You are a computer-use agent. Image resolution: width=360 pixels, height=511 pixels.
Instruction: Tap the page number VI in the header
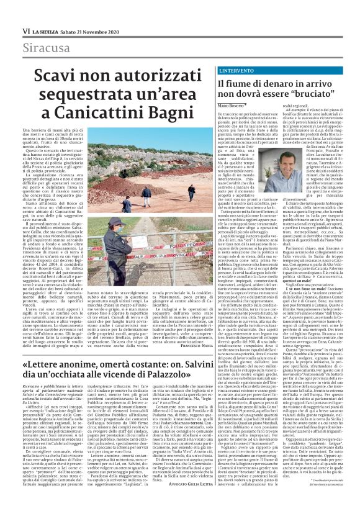tap(26, 30)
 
